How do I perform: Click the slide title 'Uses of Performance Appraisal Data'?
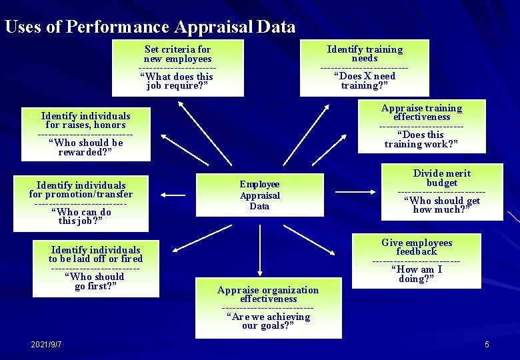[x=149, y=27]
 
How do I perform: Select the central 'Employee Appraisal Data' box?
[x=259, y=195]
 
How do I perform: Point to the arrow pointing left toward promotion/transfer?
[x=174, y=195]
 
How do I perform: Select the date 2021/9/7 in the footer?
[x=46, y=344]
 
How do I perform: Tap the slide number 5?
[x=487, y=344]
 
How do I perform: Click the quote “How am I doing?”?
[x=416, y=274]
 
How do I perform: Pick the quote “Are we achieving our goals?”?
[x=268, y=321]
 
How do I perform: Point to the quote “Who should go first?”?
[x=95, y=281]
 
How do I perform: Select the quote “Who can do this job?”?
[x=81, y=217]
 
